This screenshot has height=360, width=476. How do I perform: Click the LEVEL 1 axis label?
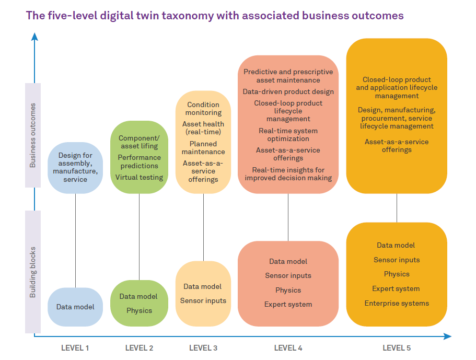(x=75, y=348)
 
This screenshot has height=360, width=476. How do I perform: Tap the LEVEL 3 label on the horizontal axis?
(x=203, y=348)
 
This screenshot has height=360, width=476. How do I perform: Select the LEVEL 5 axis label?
(x=397, y=348)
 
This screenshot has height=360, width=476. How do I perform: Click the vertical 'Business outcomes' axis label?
(x=33, y=135)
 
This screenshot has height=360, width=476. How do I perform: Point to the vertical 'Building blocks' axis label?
(x=33, y=272)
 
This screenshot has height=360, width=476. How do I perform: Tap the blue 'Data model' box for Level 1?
(x=75, y=307)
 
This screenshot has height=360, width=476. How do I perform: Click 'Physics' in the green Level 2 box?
(x=139, y=310)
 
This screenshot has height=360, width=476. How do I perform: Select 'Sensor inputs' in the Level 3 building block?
(x=203, y=300)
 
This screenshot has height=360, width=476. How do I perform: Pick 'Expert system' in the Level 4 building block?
(x=288, y=304)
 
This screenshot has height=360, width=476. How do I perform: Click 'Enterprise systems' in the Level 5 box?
(x=397, y=303)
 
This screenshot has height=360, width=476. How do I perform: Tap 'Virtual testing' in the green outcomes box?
(x=139, y=177)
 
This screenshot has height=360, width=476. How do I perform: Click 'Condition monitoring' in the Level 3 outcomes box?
(x=203, y=109)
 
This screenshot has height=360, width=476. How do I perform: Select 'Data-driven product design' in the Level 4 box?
(x=288, y=92)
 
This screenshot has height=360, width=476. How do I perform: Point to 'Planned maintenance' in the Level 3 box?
(x=203, y=148)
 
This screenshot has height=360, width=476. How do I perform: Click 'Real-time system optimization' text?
(x=288, y=135)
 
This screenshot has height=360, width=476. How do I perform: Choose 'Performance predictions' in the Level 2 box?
(x=139, y=161)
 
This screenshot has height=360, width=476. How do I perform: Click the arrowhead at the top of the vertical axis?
(x=34, y=36)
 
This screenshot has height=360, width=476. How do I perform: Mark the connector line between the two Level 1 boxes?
(x=75, y=240)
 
